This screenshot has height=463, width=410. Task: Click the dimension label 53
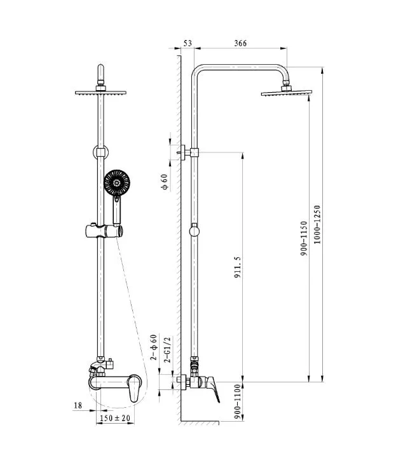(188, 43)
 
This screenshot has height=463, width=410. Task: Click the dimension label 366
(240, 43)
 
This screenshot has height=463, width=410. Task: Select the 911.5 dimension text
(238, 267)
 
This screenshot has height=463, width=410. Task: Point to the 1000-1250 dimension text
(317, 224)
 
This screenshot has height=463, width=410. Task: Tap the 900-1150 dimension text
(304, 238)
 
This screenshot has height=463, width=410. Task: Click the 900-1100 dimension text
(238, 401)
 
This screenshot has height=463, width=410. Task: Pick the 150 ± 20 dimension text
(115, 418)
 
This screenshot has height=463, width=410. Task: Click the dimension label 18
(78, 405)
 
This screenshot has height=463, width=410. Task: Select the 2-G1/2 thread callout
(168, 349)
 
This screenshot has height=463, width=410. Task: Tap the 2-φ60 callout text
(153, 347)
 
